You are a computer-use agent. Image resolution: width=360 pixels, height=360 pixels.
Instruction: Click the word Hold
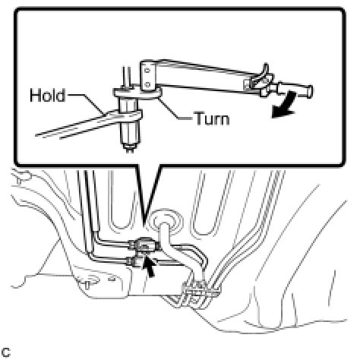pos(47,95)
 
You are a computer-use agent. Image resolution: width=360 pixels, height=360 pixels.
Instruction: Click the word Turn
pos(212,118)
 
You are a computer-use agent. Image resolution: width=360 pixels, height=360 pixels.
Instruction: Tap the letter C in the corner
pos(5,352)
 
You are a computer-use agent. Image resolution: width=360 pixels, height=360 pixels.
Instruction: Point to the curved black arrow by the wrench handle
pos(285,105)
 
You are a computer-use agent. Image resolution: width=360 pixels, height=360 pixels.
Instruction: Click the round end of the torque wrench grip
pos(310,91)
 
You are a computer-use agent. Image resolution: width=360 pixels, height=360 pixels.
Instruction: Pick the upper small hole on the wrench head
pos(147,71)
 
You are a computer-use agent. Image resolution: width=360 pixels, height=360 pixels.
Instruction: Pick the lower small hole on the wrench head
pos(148,84)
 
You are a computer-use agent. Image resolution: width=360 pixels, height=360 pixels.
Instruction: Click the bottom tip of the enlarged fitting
pos(129,150)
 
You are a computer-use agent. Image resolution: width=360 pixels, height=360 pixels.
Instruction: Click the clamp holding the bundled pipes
pos(200,292)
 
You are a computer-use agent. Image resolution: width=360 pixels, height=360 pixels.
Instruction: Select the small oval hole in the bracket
pos(111,279)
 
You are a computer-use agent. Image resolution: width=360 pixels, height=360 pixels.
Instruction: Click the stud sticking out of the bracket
pos(87,286)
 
